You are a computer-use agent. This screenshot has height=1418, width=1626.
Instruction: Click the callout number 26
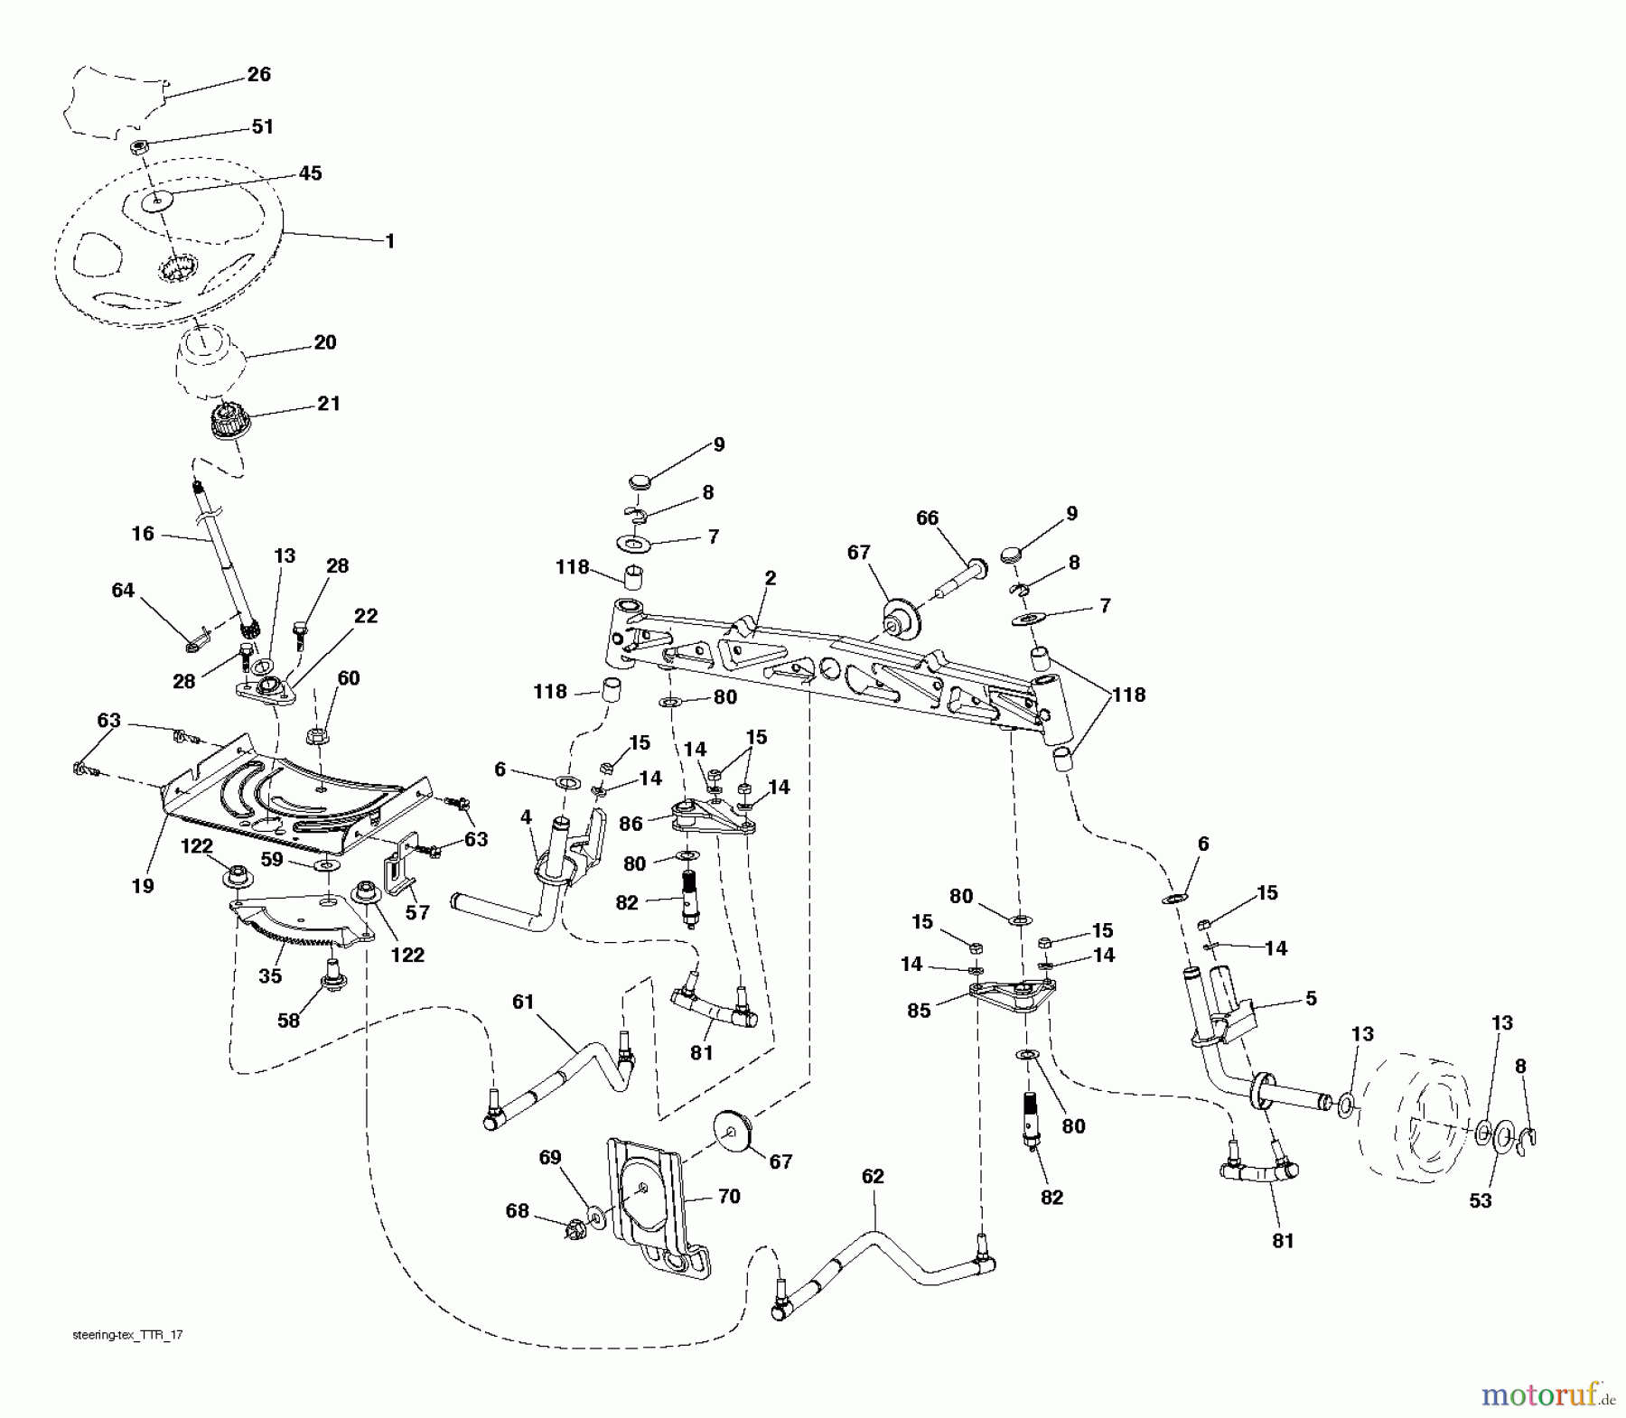pos(258,74)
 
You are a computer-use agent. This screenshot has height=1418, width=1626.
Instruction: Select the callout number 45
pos(310,173)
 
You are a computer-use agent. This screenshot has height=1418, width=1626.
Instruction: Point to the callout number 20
pos(324,342)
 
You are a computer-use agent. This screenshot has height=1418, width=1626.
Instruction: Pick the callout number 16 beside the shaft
pos(143,534)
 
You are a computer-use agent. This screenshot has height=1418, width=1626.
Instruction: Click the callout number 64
pos(122,590)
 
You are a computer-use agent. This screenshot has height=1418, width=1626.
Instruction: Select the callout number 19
pos(142,886)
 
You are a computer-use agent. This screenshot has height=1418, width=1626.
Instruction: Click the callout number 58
pos(288,1021)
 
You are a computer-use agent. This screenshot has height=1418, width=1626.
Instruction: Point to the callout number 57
pos(416,912)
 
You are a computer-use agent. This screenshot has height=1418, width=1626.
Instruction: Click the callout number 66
pos(927,518)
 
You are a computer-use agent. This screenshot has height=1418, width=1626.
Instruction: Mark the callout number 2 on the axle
pos(770,578)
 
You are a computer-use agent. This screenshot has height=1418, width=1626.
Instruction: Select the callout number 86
pos(631,823)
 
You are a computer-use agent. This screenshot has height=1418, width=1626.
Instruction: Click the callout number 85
pos(919,1011)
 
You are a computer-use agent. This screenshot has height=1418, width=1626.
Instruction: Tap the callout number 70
pos(728,1197)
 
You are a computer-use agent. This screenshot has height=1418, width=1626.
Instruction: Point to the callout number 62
pos(873,1176)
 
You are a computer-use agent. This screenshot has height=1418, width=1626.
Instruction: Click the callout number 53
pos(1480,1200)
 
